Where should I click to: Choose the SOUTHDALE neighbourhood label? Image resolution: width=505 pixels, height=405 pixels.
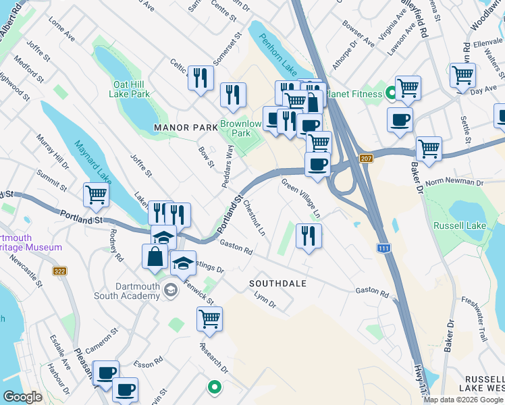(x=277, y=283)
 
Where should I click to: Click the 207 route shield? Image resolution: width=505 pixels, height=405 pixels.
(x=366, y=158)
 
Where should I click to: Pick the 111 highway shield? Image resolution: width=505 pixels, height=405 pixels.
(x=383, y=248)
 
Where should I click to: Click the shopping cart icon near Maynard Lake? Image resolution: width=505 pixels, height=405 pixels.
(x=96, y=195)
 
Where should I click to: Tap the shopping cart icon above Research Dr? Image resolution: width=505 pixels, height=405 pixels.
(x=209, y=318)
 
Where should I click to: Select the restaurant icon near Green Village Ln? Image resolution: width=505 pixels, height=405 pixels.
(x=309, y=236)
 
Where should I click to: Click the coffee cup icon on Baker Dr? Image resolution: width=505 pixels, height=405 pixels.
(x=400, y=120)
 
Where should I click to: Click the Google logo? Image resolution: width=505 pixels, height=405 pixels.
(x=22, y=397)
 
